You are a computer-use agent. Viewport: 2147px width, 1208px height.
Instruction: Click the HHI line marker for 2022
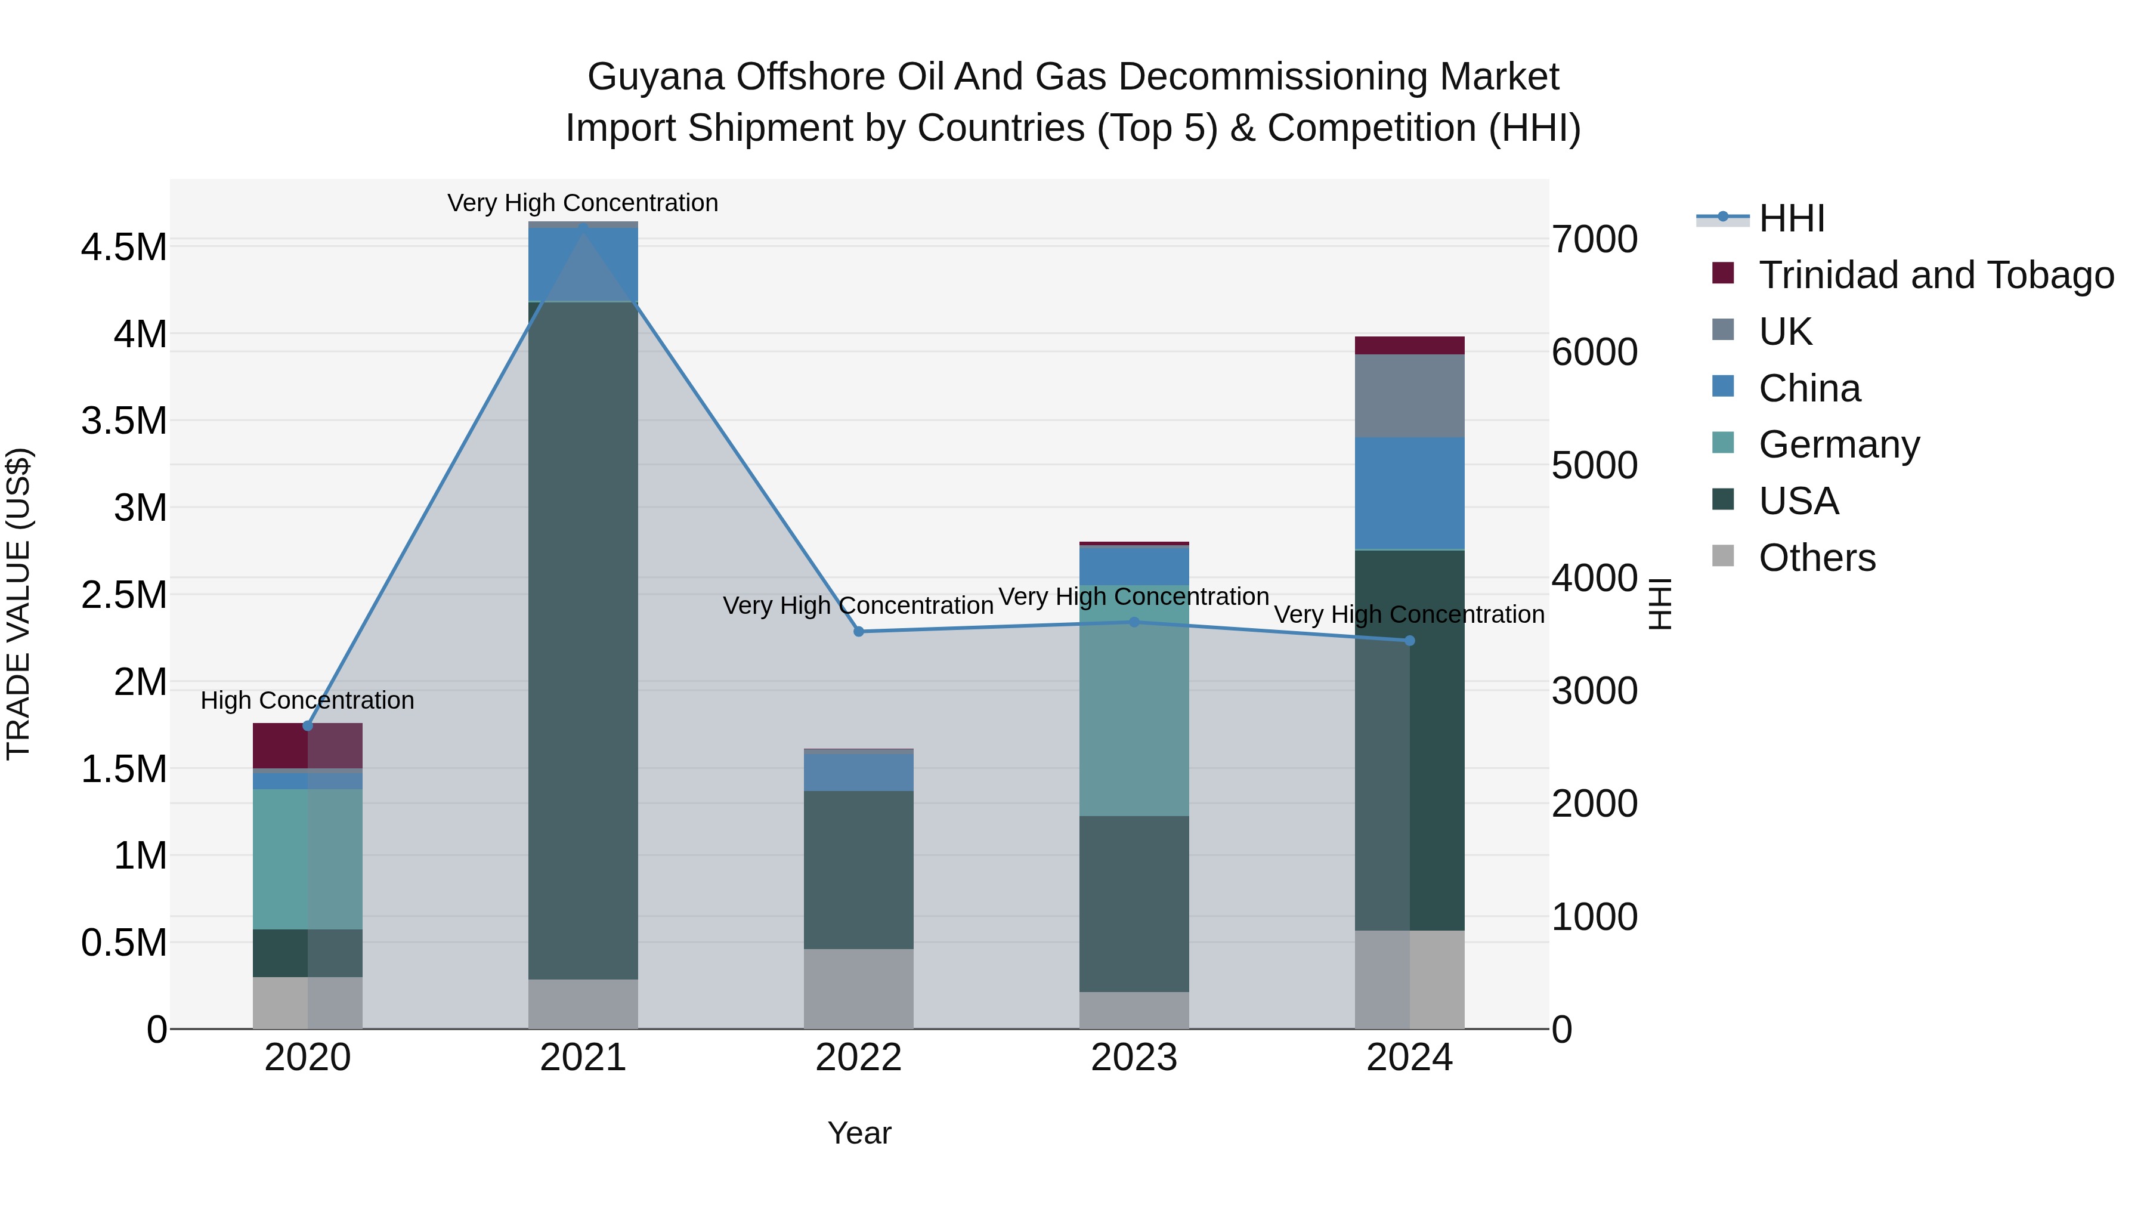tap(858, 631)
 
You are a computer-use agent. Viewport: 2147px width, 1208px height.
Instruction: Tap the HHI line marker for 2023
tap(1134, 622)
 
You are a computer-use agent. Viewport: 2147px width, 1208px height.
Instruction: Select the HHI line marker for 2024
tap(1409, 640)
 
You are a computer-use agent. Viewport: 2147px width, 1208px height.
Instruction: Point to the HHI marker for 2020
tap(308, 725)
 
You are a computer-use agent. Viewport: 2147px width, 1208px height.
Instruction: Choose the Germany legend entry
tap(1839, 444)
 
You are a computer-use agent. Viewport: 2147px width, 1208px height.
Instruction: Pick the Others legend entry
tap(1817, 558)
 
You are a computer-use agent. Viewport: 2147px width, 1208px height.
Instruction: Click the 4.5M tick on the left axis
tap(123, 247)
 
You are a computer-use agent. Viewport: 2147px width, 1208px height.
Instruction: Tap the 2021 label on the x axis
tap(583, 1058)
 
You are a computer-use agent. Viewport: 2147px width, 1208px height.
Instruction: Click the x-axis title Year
tap(859, 1133)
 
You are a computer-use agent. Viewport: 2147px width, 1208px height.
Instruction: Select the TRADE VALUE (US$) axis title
tap(18, 604)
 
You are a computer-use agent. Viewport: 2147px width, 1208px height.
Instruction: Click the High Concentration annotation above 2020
tap(308, 700)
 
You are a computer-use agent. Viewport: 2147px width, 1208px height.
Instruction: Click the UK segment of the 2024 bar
tap(1409, 396)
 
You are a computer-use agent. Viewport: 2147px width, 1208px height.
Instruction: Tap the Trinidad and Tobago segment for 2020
tap(280, 745)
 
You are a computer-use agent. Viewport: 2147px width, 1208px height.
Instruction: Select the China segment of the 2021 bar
tap(583, 264)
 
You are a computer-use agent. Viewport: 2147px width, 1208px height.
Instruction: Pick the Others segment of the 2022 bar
tap(858, 988)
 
